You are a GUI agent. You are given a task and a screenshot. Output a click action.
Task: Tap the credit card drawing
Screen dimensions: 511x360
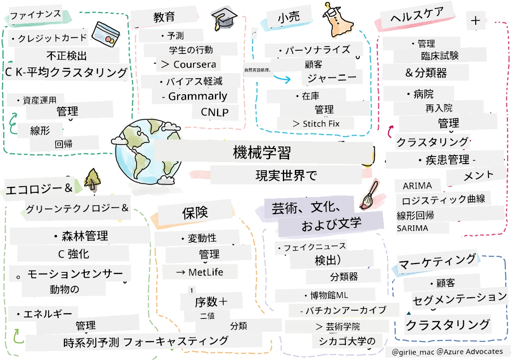click(x=106, y=34)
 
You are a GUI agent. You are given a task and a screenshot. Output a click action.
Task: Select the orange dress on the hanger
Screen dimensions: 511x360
click(x=337, y=21)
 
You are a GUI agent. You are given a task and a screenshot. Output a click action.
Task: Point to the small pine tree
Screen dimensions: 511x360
click(x=92, y=180)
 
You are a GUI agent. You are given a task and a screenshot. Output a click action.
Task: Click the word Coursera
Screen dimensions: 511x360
click(x=195, y=65)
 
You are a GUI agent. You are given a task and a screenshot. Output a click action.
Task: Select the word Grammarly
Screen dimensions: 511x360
click(x=198, y=96)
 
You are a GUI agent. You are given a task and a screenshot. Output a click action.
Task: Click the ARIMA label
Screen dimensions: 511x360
click(x=417, y=186)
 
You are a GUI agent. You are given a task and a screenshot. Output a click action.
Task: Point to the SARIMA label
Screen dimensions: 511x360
click(x=412, y=228)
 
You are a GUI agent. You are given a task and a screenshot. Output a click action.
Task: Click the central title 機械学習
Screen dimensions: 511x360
click(x=261, y=152)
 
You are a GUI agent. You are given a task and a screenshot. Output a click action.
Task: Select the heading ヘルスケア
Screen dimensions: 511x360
click(x=417, y=15)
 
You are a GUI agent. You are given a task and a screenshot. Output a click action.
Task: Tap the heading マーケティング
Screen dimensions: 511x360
click(x=437, y=262)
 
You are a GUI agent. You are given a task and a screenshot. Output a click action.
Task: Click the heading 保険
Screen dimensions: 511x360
click(x=195, y=213)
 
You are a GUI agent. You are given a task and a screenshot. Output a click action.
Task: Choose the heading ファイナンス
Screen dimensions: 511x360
click(x=35, y=14)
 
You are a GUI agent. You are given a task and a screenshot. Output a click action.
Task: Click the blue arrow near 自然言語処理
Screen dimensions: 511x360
click(x=282, y=78)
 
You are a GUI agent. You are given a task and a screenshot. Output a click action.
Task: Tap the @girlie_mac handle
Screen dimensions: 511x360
click(x=413, y=352)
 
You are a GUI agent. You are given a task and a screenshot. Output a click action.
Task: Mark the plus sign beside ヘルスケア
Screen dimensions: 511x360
click(x=476, y=21)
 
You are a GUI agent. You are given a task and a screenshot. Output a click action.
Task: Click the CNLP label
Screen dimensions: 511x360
click(x=215, y=112)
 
